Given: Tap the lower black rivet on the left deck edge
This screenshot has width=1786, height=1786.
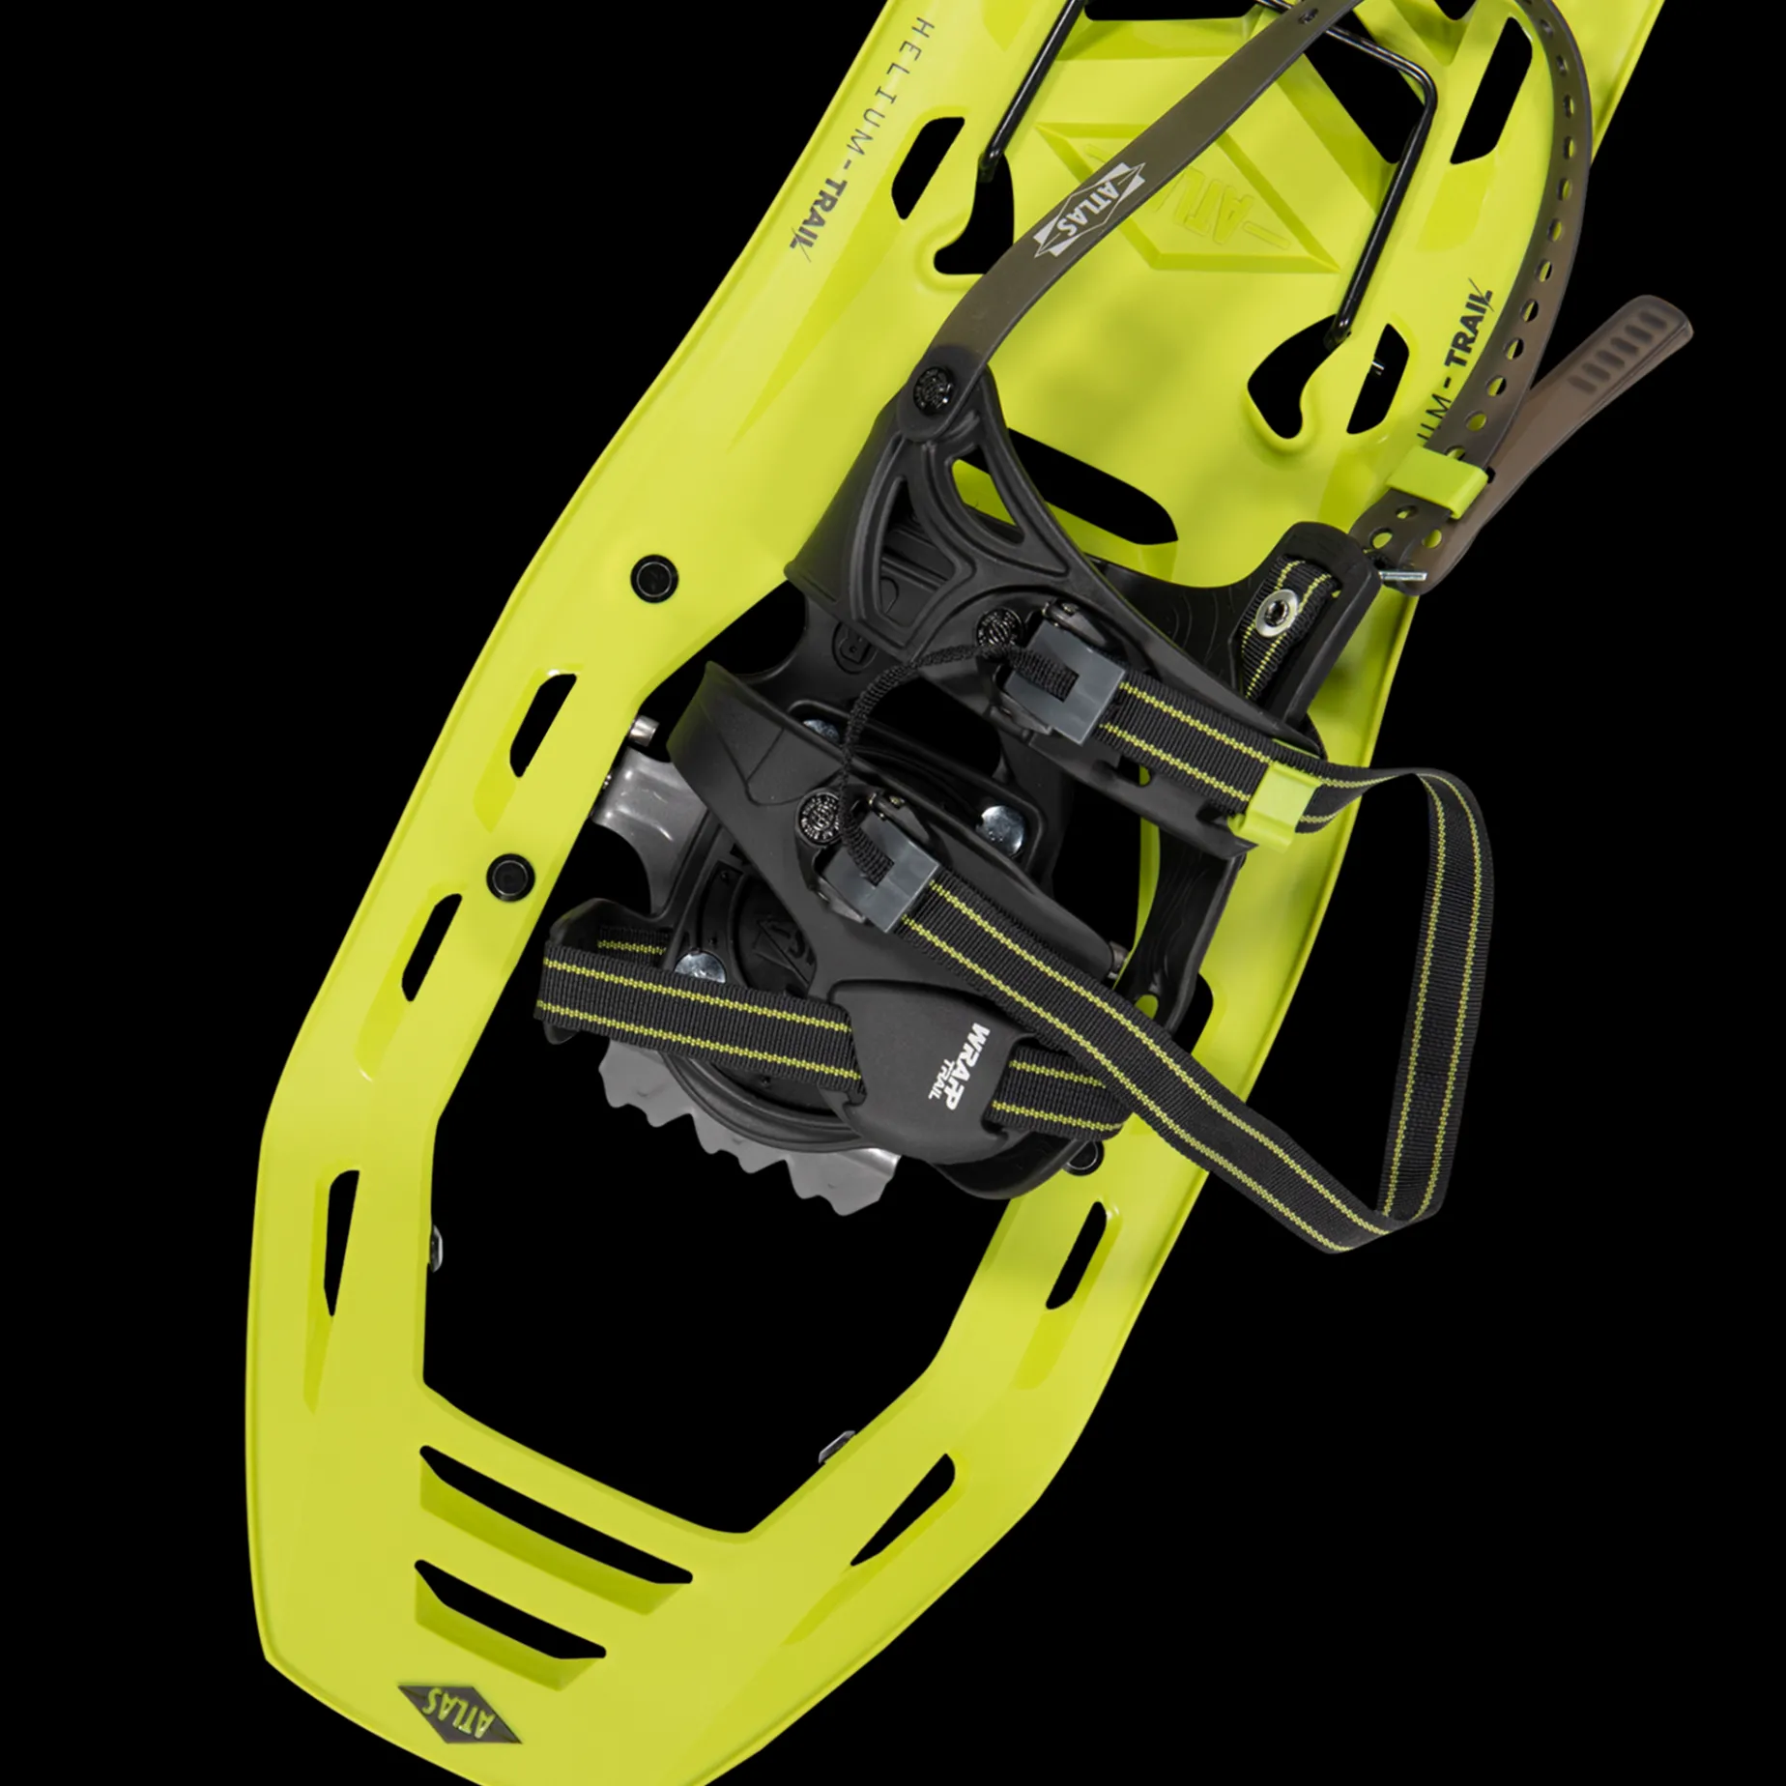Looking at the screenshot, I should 510,875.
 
